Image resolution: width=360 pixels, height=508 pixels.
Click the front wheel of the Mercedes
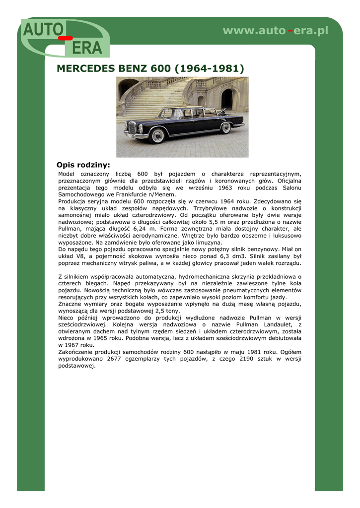pos(157,135)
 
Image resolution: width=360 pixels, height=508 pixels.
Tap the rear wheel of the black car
pos(226,128)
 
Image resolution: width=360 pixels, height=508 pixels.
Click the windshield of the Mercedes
pos(167,114)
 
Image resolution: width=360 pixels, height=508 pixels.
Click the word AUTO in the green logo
pos(41,31)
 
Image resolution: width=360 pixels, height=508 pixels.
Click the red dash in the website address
pos(290,31)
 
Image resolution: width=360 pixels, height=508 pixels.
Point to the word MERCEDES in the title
pos(85,68)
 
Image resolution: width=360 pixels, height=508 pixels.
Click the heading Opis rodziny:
pos(83,165)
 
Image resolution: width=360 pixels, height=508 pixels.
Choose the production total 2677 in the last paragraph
pos(114,359)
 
